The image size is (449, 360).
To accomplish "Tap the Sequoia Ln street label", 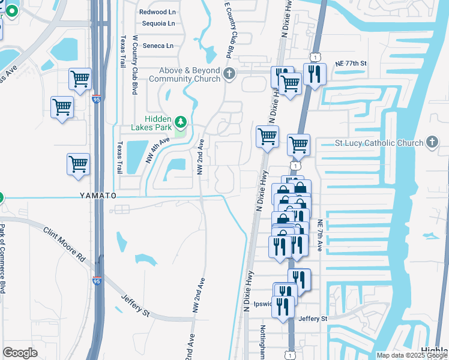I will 158,24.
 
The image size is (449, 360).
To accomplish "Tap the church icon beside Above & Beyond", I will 229,74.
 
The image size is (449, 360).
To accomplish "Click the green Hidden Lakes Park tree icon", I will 180,124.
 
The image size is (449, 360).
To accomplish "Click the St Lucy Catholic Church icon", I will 432,142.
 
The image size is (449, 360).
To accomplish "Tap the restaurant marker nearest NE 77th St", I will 314,75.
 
